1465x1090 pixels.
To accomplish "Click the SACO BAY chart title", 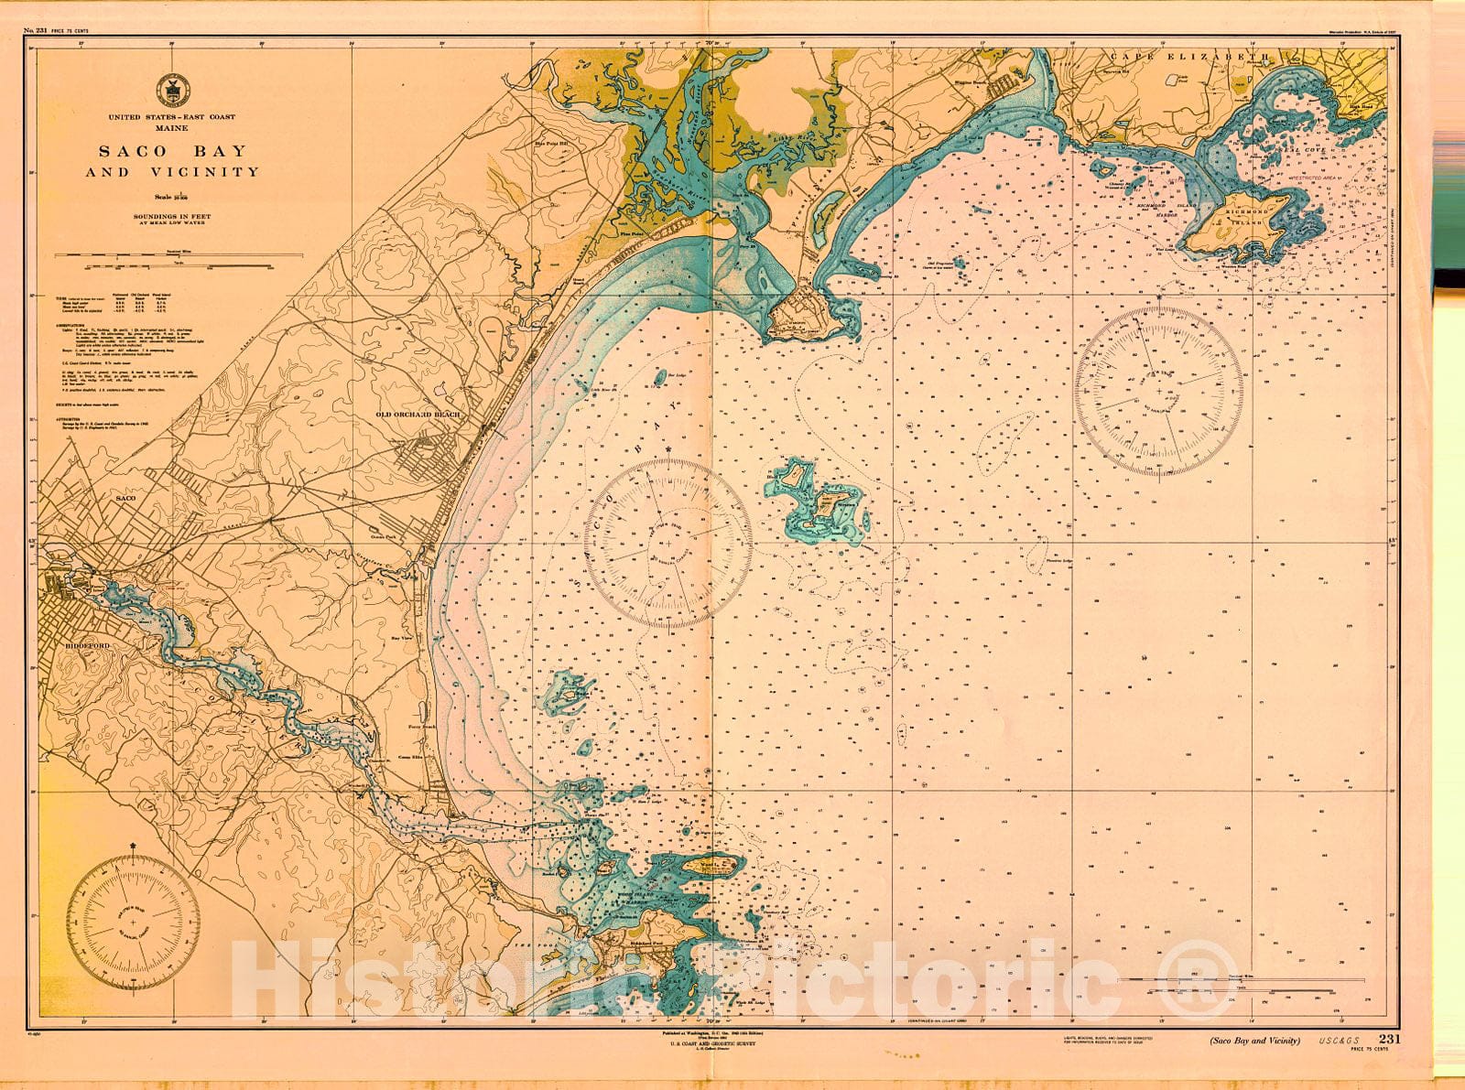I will coord(172,151).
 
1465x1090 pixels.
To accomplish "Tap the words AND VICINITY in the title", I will coord(172,172).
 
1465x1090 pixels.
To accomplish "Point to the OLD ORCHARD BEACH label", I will coord(418,415).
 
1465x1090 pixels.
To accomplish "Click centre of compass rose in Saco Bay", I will coord(669,543).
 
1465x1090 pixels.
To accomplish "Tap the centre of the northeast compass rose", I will coord(1159,392).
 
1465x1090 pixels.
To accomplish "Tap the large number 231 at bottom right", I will coord(1389,1039).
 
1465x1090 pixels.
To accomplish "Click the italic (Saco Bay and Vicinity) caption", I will coord(1254,1041).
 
